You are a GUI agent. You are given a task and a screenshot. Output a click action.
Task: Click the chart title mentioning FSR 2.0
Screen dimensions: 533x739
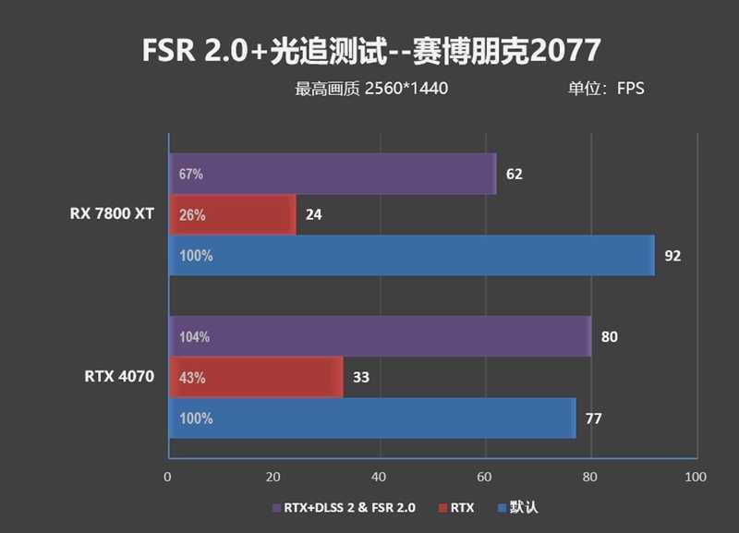tap(370, 50)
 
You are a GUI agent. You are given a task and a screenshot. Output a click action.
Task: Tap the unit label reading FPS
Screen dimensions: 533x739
tap(605, 90)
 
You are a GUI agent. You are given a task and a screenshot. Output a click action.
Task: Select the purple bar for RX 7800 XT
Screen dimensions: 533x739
tap(333, 174)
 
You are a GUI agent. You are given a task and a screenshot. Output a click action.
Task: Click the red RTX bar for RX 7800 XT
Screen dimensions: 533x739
tap(232, 214)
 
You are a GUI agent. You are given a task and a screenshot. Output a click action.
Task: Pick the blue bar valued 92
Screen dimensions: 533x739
tap(411, 255)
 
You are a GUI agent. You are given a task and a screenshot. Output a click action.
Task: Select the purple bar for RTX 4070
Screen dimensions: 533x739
tap(380, 336)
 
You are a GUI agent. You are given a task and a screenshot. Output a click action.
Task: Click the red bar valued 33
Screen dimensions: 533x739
tap(256, 377)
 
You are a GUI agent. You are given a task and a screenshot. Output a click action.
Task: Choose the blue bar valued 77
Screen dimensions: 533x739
tap(372, 418)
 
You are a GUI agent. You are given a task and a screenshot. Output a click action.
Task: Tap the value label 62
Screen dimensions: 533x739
tap(515, 174)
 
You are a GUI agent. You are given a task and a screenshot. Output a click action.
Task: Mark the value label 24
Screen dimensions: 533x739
tap(314, 215)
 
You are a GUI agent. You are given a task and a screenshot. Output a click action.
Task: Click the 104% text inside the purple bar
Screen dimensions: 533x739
tap(195, 337)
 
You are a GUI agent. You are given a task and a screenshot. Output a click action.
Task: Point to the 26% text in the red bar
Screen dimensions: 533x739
tap(192, 215)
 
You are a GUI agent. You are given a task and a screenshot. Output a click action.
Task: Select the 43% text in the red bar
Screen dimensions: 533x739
tap(192, 378)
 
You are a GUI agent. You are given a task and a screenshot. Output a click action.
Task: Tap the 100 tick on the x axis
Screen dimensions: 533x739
tap(696, 478)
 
